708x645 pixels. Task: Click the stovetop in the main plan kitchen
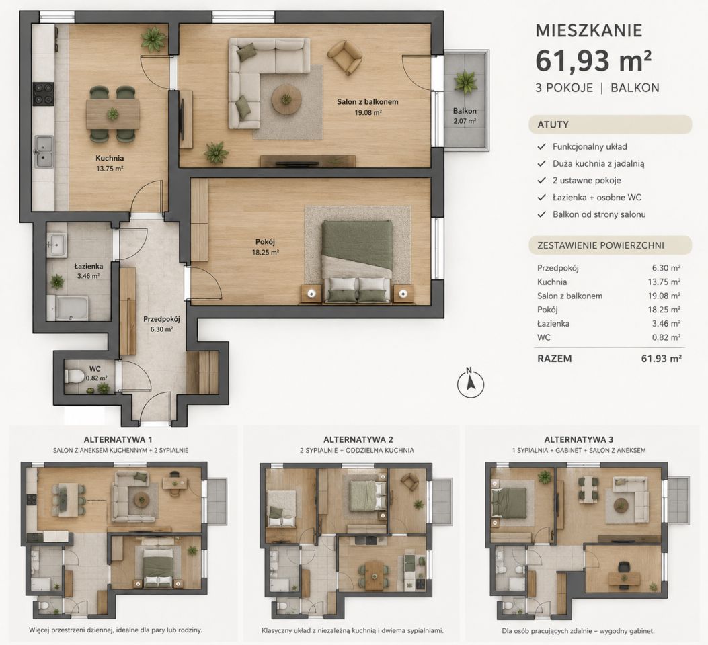(43, 94)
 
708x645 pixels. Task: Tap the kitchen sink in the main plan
(44, 151)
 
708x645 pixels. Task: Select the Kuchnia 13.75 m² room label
(110, 163)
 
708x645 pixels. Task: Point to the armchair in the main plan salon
(344, 57)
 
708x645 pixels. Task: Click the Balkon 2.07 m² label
(465, 116)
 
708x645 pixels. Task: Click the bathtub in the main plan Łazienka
(72, 308)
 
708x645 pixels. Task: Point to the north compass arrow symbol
(471, 384)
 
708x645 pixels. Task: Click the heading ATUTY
(553, 125)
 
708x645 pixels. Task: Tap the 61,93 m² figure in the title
(593, 61)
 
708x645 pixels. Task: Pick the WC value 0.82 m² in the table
(666, 337)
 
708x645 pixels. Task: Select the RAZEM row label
(555, 359)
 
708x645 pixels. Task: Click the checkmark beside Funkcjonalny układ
(541, 147)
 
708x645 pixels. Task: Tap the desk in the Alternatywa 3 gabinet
(625, 578)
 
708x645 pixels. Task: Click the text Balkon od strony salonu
(599, 215)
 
